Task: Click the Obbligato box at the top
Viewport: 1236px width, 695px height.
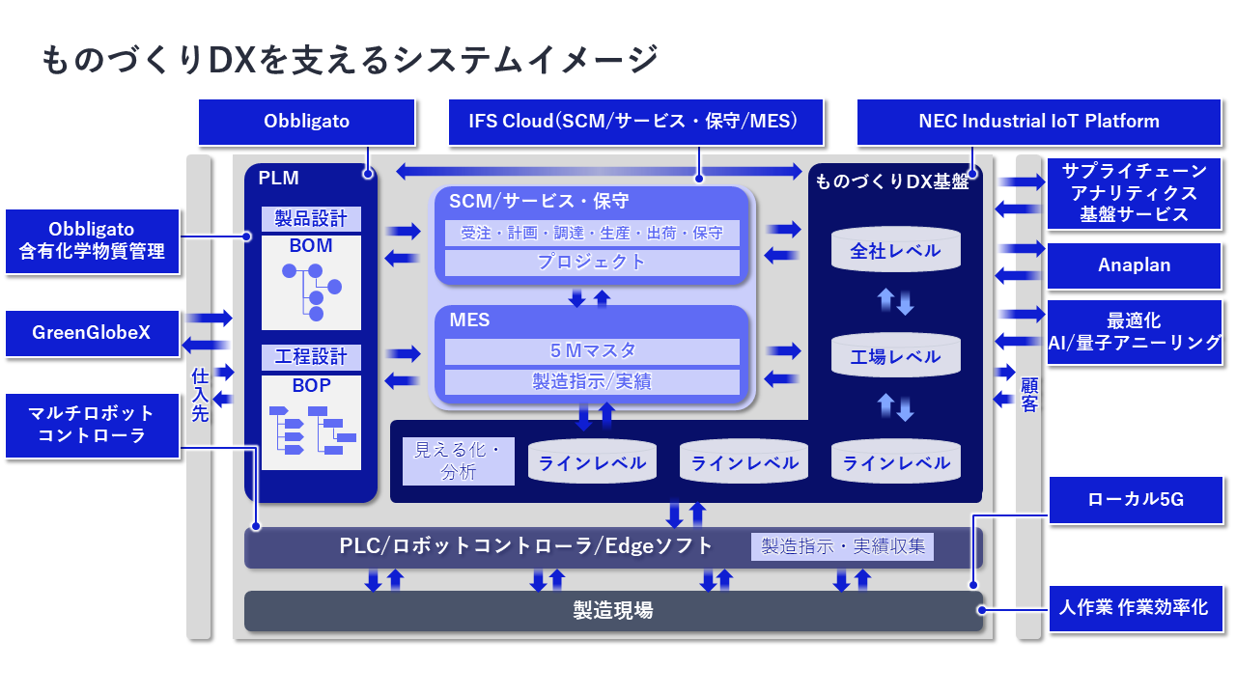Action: click(306, 122)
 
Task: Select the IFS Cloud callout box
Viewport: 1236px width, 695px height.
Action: click(636, 122)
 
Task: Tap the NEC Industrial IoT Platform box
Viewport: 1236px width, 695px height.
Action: click(1038, 122)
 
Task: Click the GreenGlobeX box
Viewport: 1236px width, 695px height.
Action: click(92, 333)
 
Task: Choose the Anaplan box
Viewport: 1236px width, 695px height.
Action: click(1134, 265)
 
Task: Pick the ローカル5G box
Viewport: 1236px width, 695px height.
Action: click(1135, 499)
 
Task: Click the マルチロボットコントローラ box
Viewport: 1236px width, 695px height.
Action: click(92, 425)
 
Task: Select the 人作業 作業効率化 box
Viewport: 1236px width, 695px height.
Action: click(1133, 609)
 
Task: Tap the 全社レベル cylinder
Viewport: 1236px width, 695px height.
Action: click(895, 251)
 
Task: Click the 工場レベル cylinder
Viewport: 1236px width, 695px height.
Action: click(895, 356)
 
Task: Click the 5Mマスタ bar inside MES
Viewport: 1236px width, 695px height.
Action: click(592, 351)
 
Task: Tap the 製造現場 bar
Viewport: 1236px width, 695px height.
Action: click(613, 611)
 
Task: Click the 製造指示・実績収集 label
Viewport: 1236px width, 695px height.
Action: click(842, 546)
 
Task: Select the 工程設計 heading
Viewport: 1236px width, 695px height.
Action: click(311, 357)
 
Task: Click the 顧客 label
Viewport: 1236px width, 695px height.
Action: click(1029, 394)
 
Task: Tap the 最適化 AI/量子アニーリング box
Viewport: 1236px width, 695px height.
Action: click(1134, 332)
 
